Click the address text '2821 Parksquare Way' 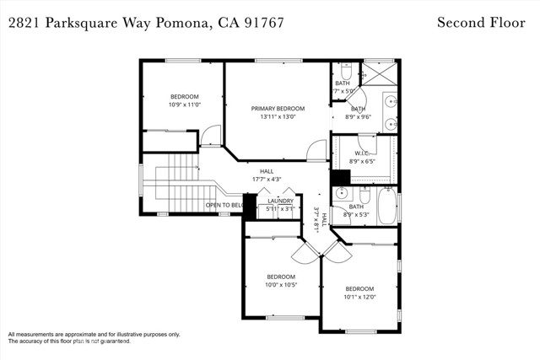(80, 22)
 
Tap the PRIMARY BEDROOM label (278, 109)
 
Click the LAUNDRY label (280, 201)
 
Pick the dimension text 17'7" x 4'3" (266, 180)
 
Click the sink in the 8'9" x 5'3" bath (340, 193)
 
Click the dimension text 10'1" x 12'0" (359, 297)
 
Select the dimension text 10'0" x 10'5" (281, 286)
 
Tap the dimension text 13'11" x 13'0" (278, 118)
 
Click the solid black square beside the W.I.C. (340, 178)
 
